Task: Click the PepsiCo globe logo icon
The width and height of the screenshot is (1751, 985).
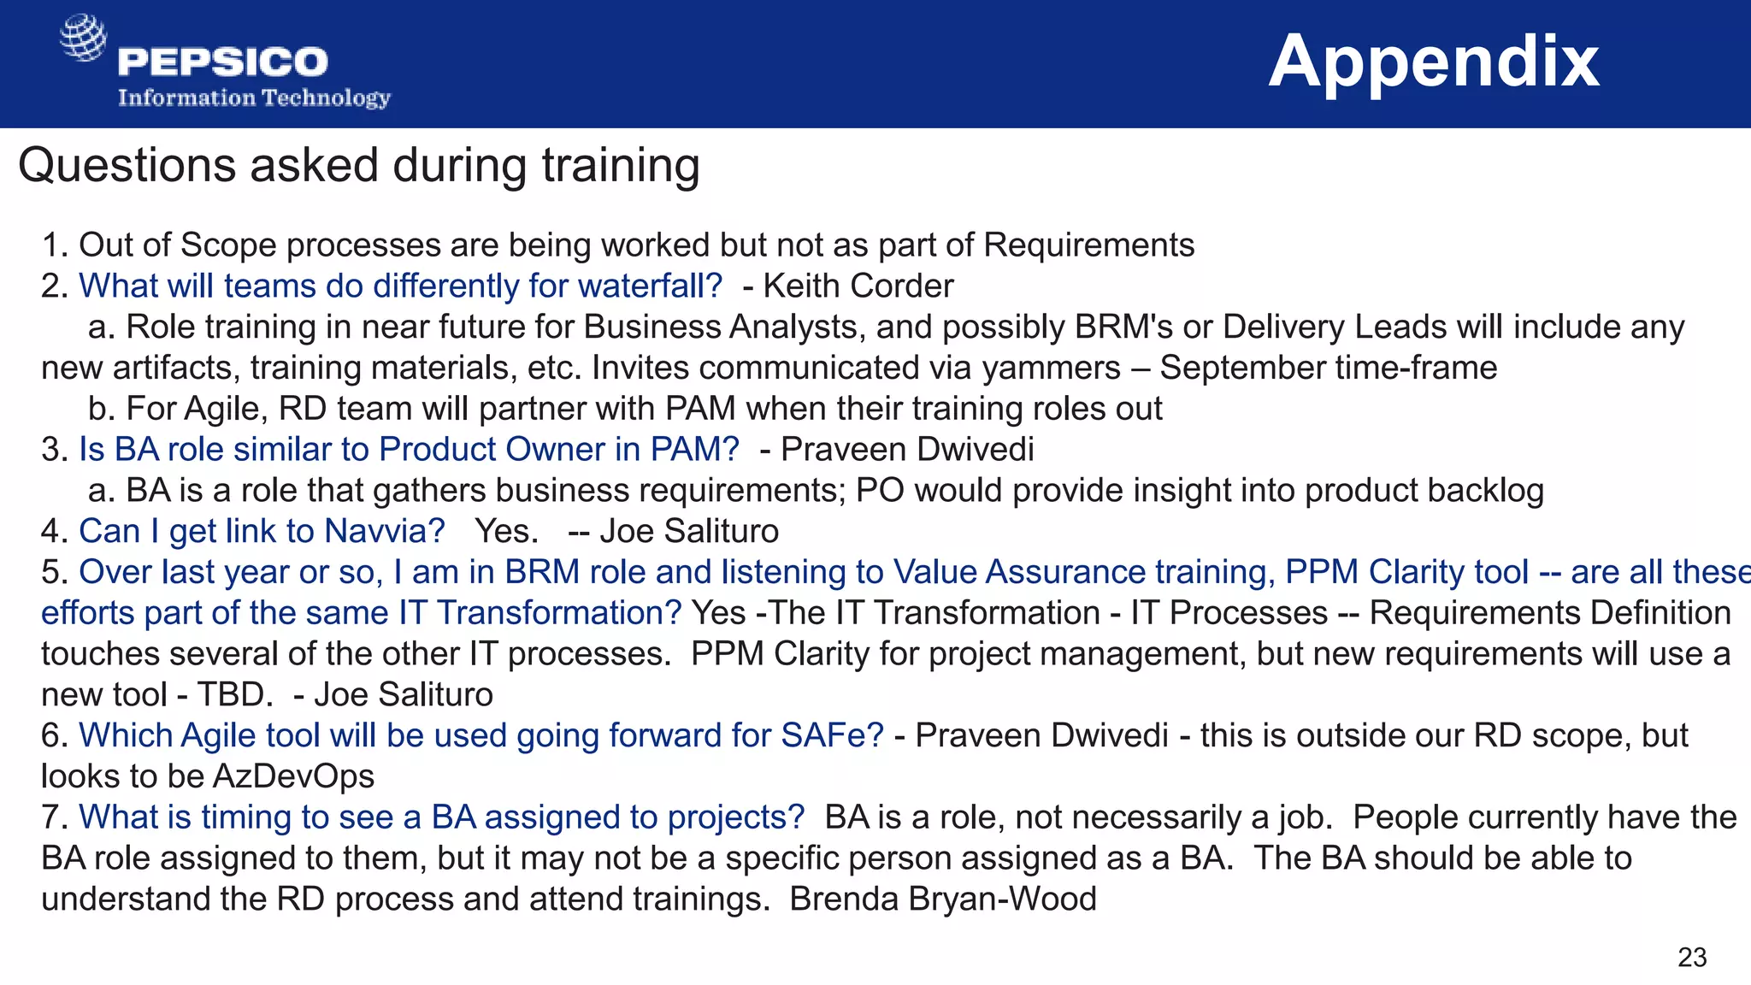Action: (x=83, y=38)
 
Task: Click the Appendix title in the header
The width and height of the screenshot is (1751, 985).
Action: (x=1433, y=62)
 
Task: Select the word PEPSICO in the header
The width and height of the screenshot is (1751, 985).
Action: (x=223, y=62)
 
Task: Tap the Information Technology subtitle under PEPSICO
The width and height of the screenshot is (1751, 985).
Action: (x=254, y=98)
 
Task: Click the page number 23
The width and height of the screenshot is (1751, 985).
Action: (x=1692, y=957)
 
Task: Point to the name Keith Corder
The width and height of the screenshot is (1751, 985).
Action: (x=858, y=286)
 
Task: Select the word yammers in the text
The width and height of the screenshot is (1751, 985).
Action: (x=1051, y=369)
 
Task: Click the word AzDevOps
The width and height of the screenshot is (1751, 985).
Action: (x=293, y=777)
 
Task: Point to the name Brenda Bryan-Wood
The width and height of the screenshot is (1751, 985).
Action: (x=942, y=899)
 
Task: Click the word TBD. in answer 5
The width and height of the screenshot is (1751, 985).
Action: (x=235, y=695)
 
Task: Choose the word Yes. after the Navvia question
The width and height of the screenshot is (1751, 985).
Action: (x=506, y=532)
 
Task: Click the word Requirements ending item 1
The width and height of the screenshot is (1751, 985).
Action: (x=1088, y=245)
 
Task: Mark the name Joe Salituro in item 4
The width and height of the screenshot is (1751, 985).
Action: (x=689, y=532)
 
